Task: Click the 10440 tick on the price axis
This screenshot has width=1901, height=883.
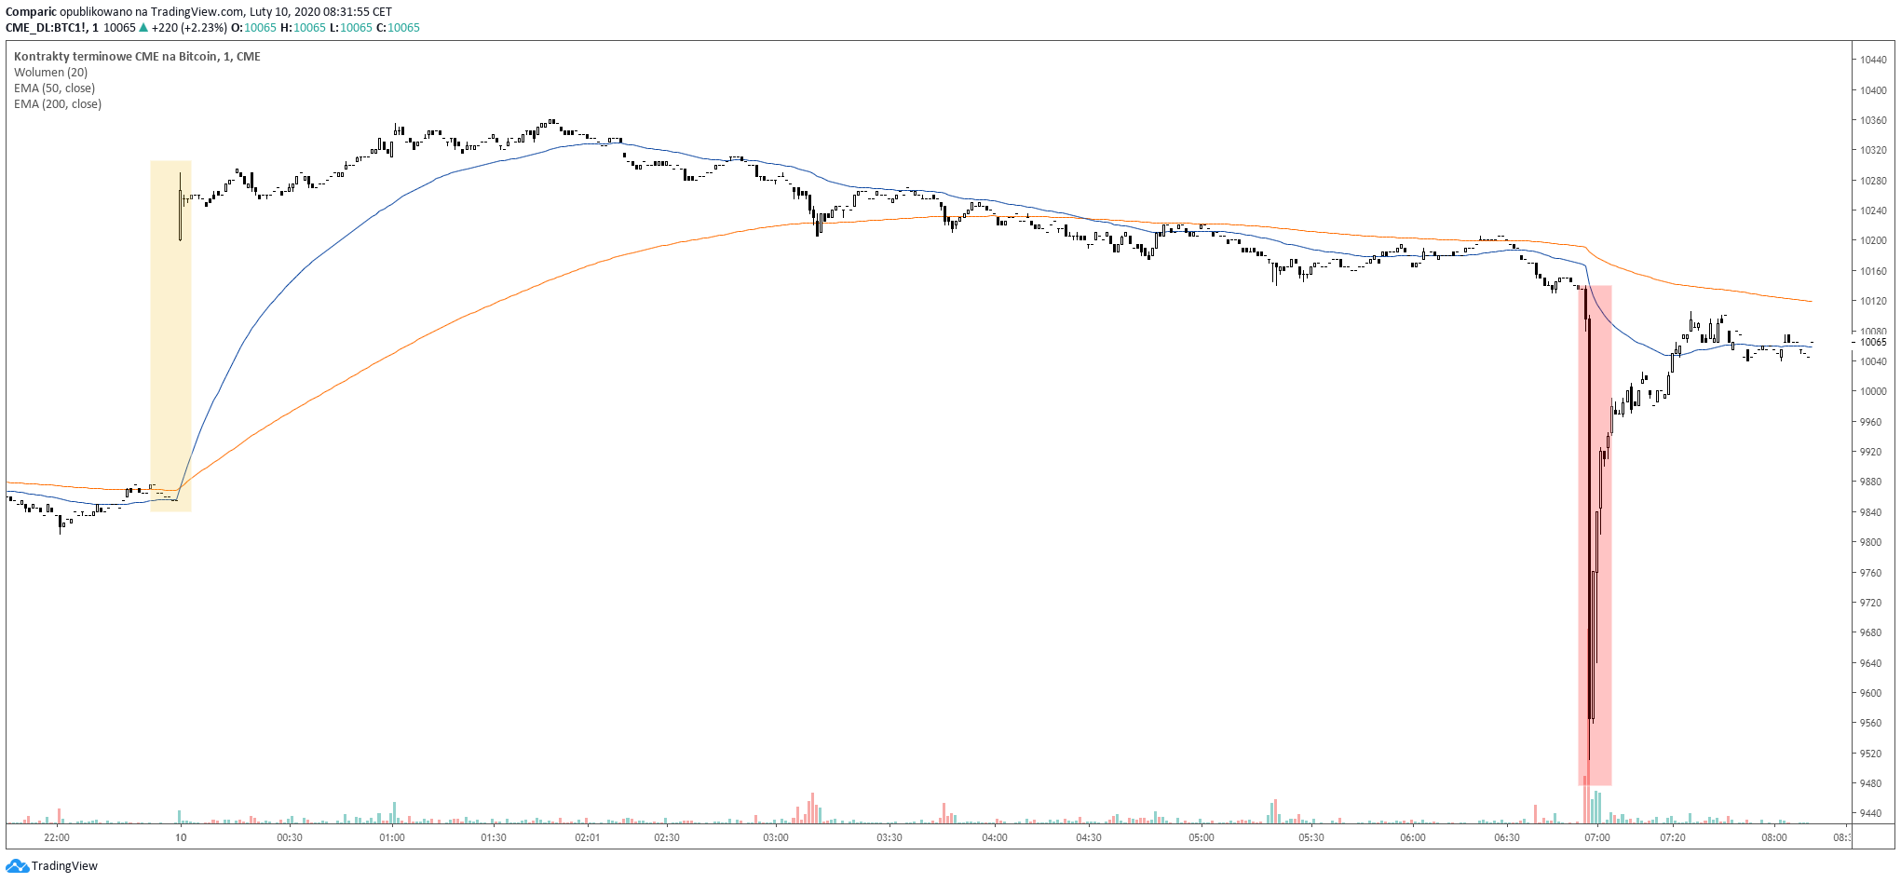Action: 1873,60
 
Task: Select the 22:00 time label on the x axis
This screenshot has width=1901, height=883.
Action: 57,837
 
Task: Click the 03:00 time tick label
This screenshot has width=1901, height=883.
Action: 775,837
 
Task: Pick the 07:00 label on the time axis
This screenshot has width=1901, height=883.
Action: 1596,837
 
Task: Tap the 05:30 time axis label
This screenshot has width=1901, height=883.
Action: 1310,837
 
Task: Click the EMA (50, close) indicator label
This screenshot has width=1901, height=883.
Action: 54,88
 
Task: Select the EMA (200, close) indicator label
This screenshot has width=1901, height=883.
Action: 58,104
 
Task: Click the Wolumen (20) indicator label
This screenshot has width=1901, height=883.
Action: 50,73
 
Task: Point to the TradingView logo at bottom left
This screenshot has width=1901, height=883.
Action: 52,866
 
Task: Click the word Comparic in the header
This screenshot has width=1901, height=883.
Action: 31,12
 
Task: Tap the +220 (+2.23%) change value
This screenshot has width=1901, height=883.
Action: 189,28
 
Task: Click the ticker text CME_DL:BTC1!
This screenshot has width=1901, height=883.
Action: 46,28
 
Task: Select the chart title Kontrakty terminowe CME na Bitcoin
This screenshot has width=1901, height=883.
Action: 115,57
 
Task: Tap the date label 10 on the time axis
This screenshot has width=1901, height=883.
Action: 181,837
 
